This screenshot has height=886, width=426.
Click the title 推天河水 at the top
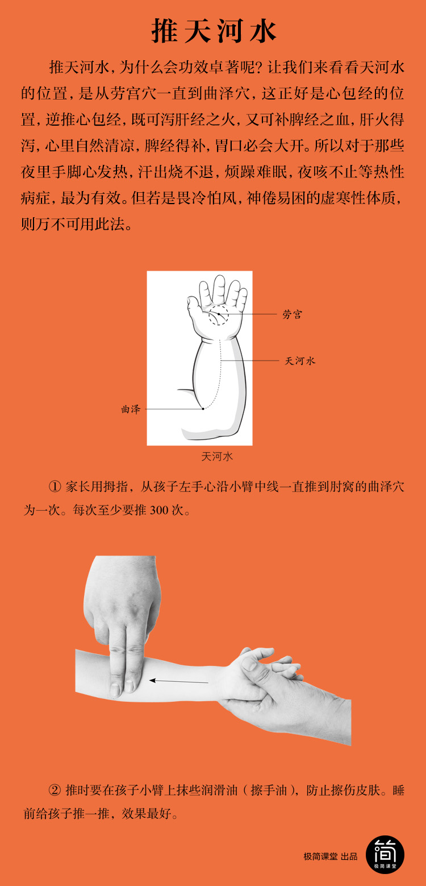pos(214,31)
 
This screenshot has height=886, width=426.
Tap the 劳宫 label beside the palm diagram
pos(293,314)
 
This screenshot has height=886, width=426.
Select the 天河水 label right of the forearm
pos(300,361)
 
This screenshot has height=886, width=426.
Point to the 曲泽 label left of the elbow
pos(131,409)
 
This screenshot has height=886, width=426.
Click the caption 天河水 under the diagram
pos(217,457)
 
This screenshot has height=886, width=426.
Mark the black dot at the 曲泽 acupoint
pos(203,408)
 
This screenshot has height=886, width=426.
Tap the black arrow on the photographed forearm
pos(178,681)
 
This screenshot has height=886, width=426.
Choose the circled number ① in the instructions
pos(55,486)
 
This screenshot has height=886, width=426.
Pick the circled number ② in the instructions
pos(55,790)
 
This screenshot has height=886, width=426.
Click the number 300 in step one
pos(159,510)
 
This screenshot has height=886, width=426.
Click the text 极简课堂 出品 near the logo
pos(331,856)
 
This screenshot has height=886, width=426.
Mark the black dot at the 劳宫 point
pos(219,314)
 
